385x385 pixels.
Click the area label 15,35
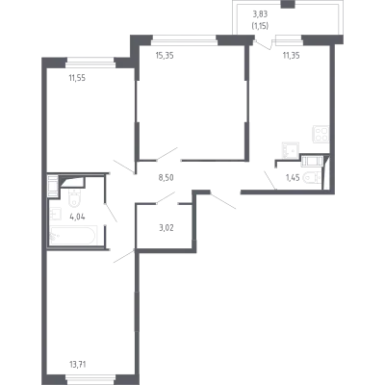coord(165,56)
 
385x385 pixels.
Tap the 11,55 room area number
coord(77,78)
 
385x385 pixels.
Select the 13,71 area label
coord(77,364)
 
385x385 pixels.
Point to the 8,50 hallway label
coord(167,177)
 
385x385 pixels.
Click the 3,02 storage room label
coord(167,228)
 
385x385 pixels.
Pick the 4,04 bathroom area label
coord(77,217)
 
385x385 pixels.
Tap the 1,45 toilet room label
coord(293,177)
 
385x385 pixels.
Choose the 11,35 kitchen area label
coord(291,56)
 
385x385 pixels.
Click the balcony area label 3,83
coord(260,14)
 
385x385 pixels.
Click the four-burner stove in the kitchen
coord(321,134)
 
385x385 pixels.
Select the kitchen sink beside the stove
coord(291,150)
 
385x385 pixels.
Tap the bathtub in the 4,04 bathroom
coord(73,236)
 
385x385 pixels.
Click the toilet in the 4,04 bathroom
coord(74,198)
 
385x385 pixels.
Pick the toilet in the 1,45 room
coord(311,177)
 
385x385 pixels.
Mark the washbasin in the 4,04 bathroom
coord(55,214)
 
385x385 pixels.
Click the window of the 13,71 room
coord(90,379)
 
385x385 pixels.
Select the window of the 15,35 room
coord(184,39)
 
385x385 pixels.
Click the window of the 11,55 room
coord(90,63)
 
